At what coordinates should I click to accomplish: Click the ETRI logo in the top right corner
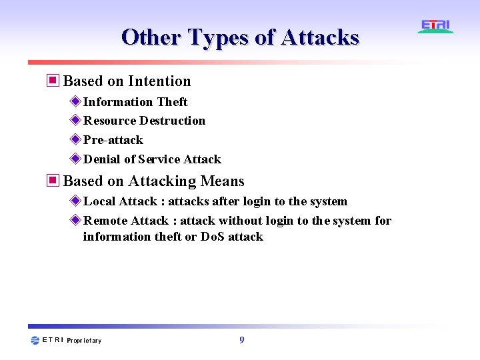pyautogui.click(x=435, y=26)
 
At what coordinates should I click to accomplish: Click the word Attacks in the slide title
pyautogui.click(x=320, y=37)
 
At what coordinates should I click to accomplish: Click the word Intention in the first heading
pyautogui.click(x=159, y=81)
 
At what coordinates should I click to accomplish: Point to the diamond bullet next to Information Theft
pyautogui.click(x=75, y=101)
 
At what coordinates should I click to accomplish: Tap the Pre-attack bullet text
pyautogui.click(x=113, y=140)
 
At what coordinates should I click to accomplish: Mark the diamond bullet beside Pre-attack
pyautogui.click(x=75, y=139)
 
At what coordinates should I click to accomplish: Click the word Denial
pyautogui.click(x=102, y=159)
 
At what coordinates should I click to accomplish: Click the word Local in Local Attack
pyautogui.click(x=99, y=201)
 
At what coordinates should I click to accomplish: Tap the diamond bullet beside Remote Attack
pyautogui.click(x=75, y=220)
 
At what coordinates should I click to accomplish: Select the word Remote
pyautogui.click(x=105, y=221)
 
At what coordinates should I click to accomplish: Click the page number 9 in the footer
pyautogui.click(x=241, y=340)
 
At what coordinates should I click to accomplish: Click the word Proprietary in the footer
pyautogui.click(x=84, y=341)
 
